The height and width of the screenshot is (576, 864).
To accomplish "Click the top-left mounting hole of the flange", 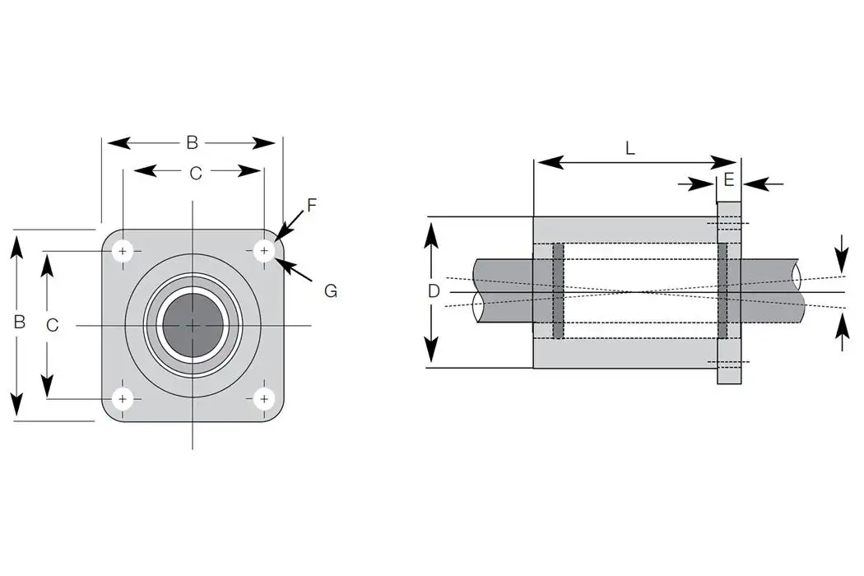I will (123, 251).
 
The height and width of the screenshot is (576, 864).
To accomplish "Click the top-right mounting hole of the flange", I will (264, 251).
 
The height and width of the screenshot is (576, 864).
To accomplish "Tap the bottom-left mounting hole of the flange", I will (123, 399).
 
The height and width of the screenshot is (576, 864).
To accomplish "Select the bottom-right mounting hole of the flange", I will (264, 399).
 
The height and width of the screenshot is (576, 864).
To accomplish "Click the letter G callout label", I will (330, 290).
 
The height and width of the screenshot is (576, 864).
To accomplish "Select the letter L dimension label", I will (629, 149).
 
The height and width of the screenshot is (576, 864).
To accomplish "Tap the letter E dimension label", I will (729, 181).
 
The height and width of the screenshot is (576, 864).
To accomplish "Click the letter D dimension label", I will (434, 291).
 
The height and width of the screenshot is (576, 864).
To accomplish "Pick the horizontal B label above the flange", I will (192, 142).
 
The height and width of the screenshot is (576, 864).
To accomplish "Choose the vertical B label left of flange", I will (19, 322).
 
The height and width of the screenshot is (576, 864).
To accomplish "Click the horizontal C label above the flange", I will (196, 173).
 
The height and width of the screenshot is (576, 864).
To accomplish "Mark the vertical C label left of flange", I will (52, 325).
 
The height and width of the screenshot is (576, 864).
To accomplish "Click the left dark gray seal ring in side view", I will (558, 291).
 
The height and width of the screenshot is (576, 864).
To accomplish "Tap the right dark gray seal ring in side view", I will (722, 291).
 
